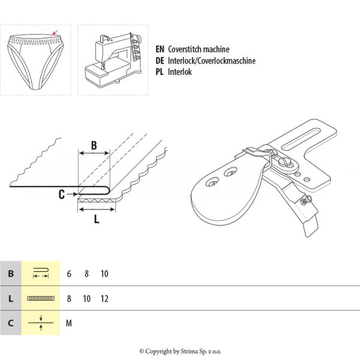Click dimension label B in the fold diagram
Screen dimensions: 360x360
(x=94, y=145)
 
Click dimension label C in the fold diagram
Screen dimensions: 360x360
(x=62, y=193)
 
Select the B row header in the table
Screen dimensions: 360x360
(x=11, y=274)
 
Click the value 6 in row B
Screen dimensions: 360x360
(x=69, y=274)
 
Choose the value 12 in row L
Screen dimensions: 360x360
(x=105, y=298)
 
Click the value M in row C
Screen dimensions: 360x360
(x=69, y=323)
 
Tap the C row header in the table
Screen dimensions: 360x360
(x=11, y=323)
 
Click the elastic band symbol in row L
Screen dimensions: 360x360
(x=41, y=298)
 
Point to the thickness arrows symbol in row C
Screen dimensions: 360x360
(x=41, y=323)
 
